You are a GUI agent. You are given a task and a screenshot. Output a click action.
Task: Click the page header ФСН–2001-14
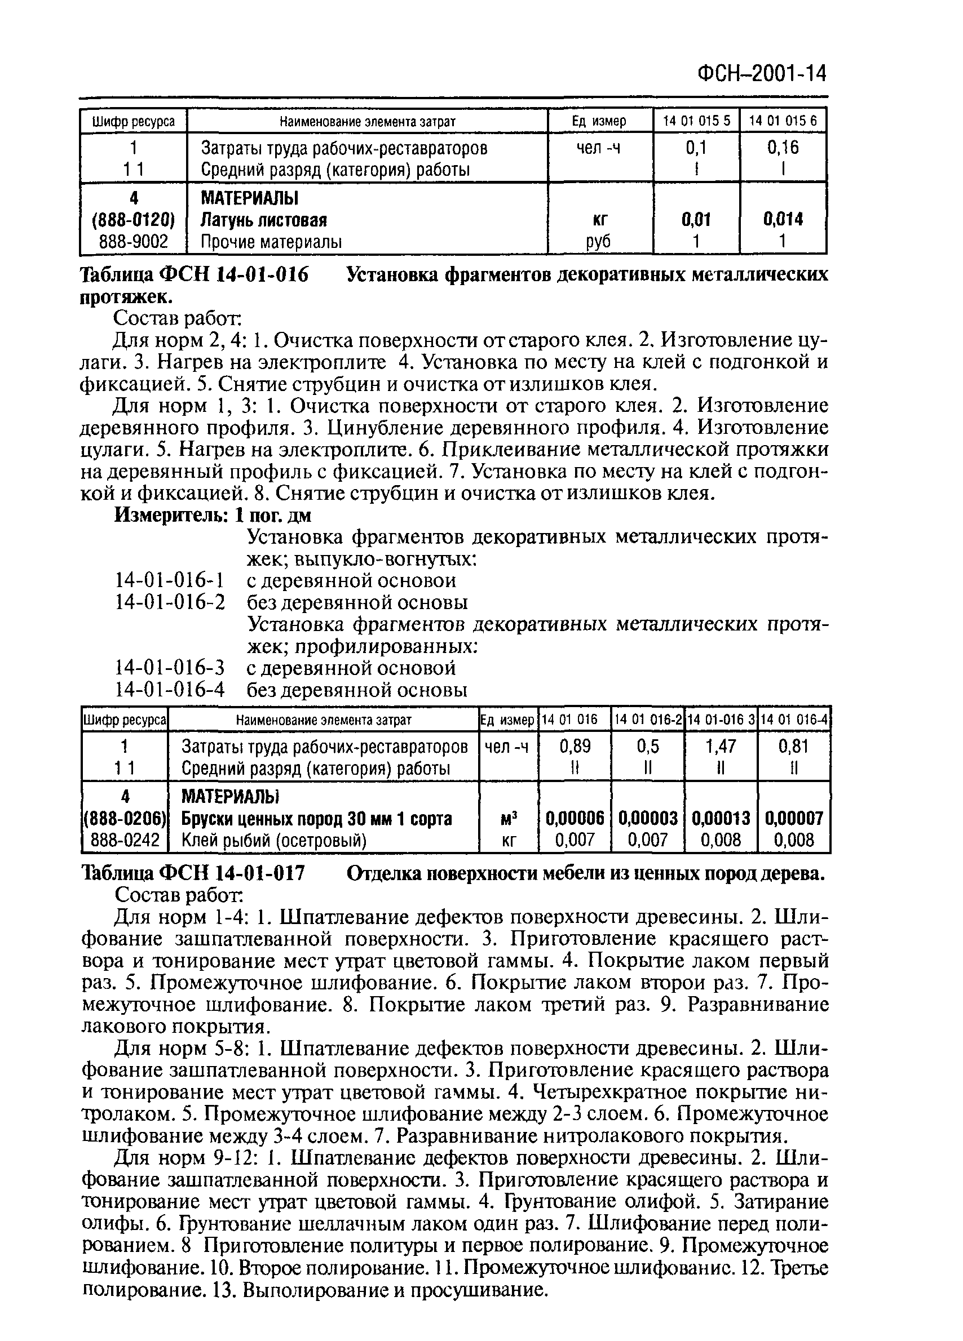(x=762, y=74)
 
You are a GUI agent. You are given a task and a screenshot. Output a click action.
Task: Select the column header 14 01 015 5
(x=696, y=121)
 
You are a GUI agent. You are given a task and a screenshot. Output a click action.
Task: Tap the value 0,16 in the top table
(x=783, y=147)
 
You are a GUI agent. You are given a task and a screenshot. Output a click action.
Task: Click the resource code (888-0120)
(x=134, y=220)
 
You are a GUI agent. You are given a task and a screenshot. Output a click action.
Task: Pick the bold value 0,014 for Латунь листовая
(x=783, y=220)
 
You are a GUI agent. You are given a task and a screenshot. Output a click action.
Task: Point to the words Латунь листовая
(x=264, y=220)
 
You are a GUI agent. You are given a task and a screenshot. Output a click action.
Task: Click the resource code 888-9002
(x=134, y=242)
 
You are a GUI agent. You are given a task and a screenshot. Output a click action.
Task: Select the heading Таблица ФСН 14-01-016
(x=195, y=275)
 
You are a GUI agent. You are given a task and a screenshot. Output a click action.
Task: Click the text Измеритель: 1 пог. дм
(x=213, y=515)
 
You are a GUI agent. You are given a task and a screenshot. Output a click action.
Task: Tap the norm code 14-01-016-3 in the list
(x=170, y=668)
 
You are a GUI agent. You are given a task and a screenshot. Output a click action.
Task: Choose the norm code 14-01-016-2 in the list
(x=170, y=602)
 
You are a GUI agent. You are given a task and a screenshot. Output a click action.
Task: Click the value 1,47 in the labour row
(x=721, y=746)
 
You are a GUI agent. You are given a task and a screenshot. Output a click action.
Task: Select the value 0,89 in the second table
(x=575, y=746)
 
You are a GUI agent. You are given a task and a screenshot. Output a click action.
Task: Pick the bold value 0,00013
(x=721, y=818)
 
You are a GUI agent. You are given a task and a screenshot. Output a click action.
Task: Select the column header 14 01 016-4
(x=794, y=720)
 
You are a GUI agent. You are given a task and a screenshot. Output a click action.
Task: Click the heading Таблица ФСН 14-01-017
(x=193, y=873)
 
